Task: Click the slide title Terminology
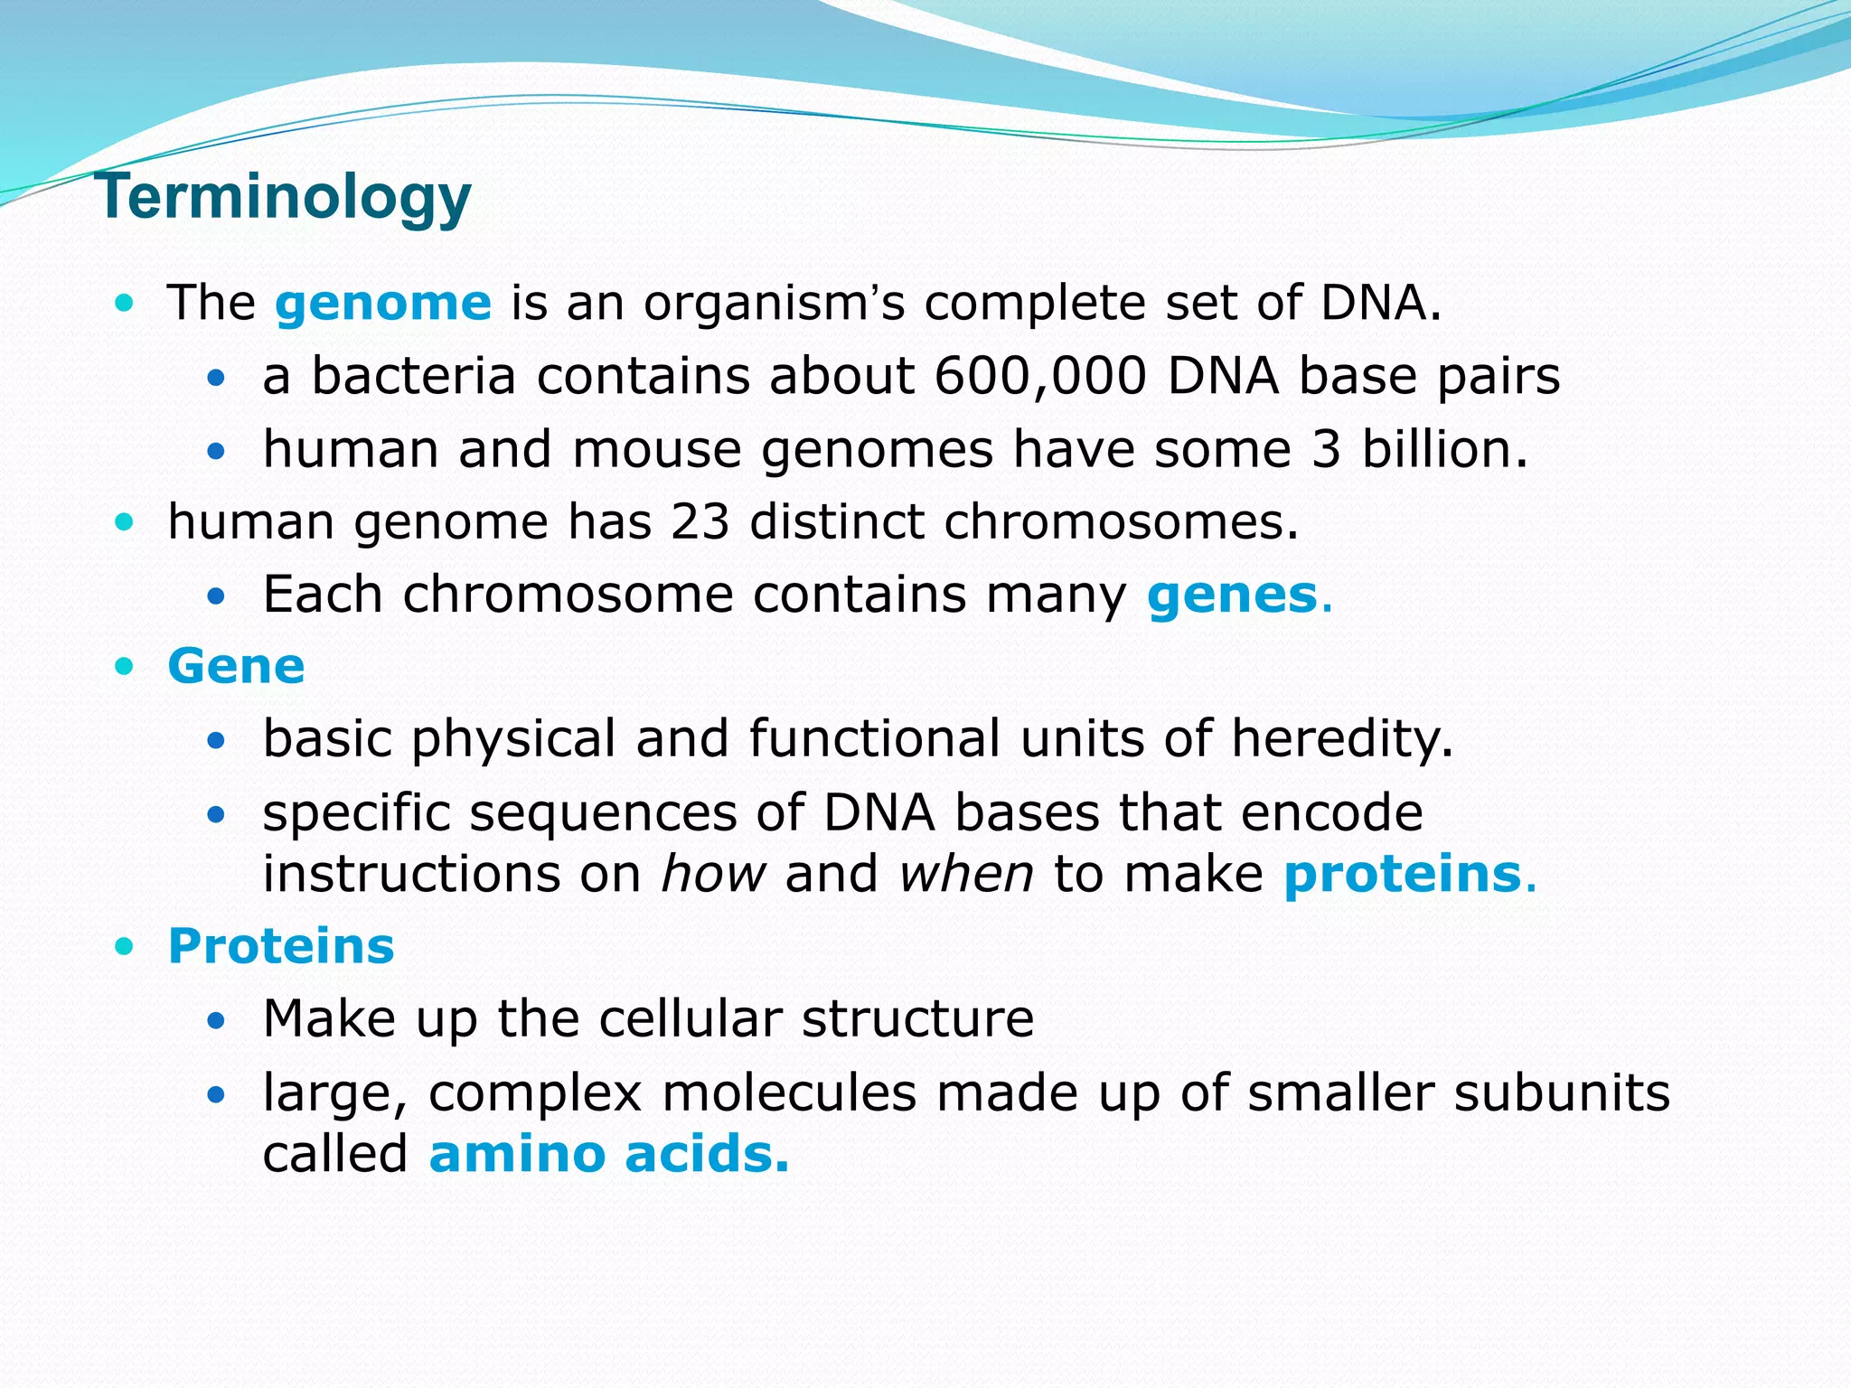tap(282, 197)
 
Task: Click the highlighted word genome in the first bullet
tap(383, 303)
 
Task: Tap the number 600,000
tap(1040, 376)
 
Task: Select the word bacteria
tap(413, 376)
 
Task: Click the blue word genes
tap(1233, 596)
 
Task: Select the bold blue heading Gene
tap(236, 667)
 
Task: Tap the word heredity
tap(1341, 739)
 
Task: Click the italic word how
tap(713, 875)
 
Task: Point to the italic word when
tap(966, 875)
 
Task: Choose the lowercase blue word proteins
tap(1403, 875)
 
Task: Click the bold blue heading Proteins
tap(281, 947)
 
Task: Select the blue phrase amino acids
tap(608, 1155)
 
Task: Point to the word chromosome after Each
tap(568, 596)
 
